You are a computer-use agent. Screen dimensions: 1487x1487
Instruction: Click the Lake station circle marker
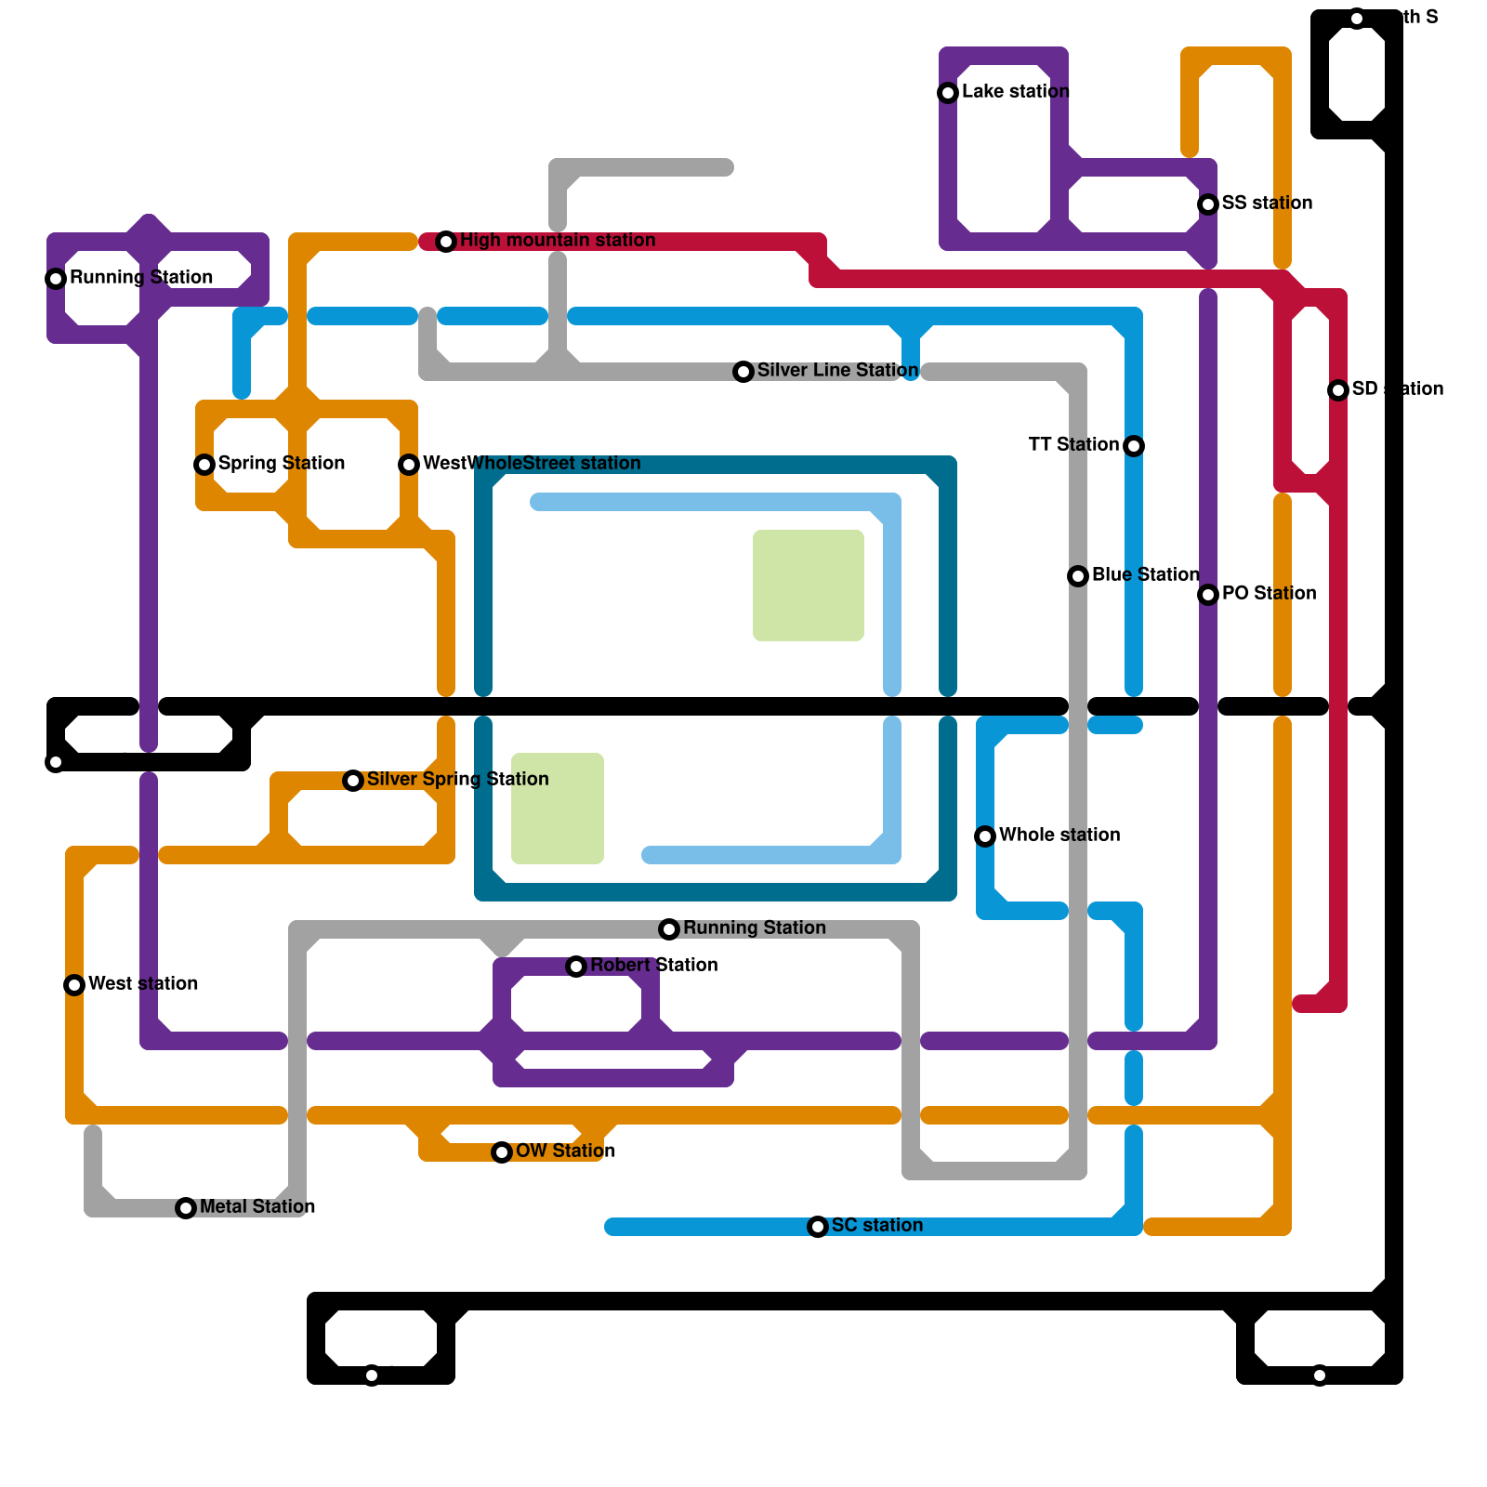coord(948,93)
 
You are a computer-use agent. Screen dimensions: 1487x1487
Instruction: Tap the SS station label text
coord(1267,203)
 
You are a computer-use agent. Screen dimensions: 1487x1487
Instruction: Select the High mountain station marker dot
coord(446,242)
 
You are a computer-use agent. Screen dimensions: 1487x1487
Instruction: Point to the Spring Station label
coord(281,463)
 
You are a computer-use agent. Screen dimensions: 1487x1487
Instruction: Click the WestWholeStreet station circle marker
coord(409,465)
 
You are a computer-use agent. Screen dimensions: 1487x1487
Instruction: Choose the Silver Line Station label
coord(837,370)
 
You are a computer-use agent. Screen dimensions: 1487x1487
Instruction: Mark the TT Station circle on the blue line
coord(1134,446)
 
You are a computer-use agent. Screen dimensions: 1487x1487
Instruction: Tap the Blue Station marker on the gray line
coord(1078,576)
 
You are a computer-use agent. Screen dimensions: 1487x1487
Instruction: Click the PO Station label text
coord(1269,593)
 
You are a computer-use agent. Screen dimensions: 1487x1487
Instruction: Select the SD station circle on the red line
coord(1338,390)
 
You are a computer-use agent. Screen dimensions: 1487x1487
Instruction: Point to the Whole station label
coord(1059,835)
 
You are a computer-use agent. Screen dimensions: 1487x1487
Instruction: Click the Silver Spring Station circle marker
coord(353,781)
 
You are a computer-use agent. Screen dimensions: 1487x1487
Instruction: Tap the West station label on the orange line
coord(142,983)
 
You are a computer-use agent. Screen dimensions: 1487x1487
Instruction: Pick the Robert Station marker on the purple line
coord(576,967)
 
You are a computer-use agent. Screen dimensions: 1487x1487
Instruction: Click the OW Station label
coord(565,1151)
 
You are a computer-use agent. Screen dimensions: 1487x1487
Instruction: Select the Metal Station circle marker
coord(186,1208)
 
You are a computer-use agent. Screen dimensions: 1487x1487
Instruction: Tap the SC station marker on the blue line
coord(818,1227)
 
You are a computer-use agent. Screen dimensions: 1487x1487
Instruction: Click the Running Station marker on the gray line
coord(669,929)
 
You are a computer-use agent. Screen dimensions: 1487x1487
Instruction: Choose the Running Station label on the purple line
coord(140,277)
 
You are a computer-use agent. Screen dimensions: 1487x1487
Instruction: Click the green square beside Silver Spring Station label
coord(558,809)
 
